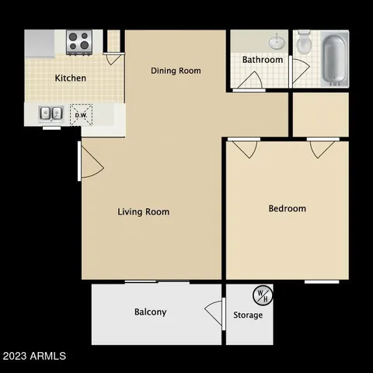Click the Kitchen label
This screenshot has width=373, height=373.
pos(70,78)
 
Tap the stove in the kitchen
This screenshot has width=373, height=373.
pos(78,41)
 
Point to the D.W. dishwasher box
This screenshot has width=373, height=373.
pos(81,114)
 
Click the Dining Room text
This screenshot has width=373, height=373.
pos(176,71)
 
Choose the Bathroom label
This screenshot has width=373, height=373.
pos(262,59)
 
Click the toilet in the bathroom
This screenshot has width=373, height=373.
pos(304,42)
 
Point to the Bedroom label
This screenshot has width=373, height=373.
pos(287,208)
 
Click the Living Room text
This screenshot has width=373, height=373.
pos(143,211)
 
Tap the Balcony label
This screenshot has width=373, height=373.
pos(150,312)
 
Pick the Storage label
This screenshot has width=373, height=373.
pos(248,315)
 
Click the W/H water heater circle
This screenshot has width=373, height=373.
pos(262,295)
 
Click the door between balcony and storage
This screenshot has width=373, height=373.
pos(214,312)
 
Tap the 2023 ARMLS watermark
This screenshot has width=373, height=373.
pos(34,356)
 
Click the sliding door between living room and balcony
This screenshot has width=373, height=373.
pos(156,281)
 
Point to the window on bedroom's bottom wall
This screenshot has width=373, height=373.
pos(320,281)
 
